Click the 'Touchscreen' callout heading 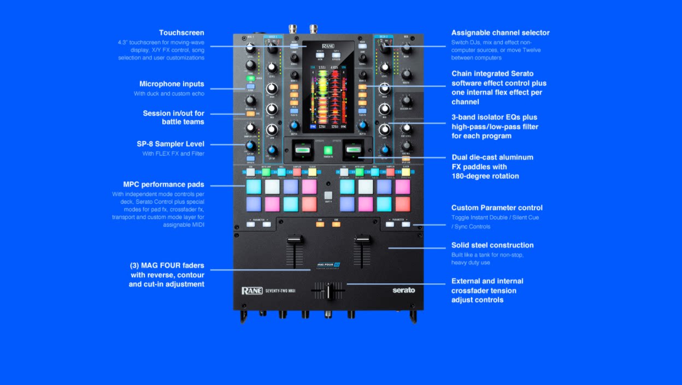(x=181, y=33)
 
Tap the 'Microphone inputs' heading (x=172, y=84)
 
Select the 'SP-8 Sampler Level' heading (x=170, y=144)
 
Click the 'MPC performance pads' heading (x=164, y=185)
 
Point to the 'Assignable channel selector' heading (x=500, y=33)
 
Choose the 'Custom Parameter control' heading (x=497, y=208)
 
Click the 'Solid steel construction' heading (x=492, y=245)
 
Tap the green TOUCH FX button (x=328, y=150)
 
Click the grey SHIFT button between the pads (x=328, y=196)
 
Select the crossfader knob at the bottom (x=329, y=291)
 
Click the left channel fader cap (x=295, y=241)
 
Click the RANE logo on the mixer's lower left (x=252, y=291)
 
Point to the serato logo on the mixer (x=403, y=291)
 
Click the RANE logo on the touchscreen (x=328, y=46)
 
